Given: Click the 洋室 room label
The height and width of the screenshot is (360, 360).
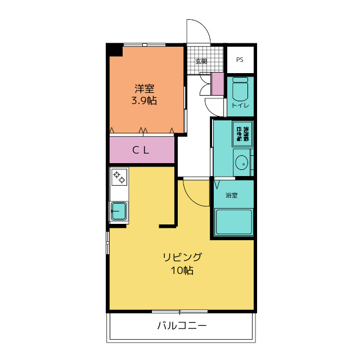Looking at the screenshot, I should [x=144, y=88].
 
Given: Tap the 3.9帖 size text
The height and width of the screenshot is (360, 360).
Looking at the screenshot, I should [x=144, y=101].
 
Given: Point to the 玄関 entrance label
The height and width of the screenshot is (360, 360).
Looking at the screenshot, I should [x=201, y=61].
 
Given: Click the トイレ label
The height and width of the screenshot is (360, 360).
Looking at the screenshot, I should [x=240, y=105].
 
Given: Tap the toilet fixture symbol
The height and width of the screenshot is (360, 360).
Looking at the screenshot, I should [x=240, y=89].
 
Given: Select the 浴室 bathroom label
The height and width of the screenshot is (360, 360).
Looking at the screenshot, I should [x=231, y=195].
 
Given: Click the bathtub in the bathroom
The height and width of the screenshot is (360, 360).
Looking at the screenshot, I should [x=233, y=222].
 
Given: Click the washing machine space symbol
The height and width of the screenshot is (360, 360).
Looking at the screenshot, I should [x=243, y=133].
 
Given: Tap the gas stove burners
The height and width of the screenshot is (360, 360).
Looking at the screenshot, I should [x=119, y=178].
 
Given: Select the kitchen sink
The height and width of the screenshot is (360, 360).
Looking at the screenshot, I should [x=119, y=211].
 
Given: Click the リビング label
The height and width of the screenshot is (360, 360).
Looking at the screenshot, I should [x=182, y=258].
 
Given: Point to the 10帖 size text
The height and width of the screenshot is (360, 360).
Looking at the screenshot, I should [x=182, y=271].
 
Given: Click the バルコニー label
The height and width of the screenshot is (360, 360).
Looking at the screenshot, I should [x=182, y=326].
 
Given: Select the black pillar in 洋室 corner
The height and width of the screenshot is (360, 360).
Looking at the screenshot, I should [x=115, y=50].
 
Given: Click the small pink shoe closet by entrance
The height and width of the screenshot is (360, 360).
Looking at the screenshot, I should [x=218, y=84].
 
